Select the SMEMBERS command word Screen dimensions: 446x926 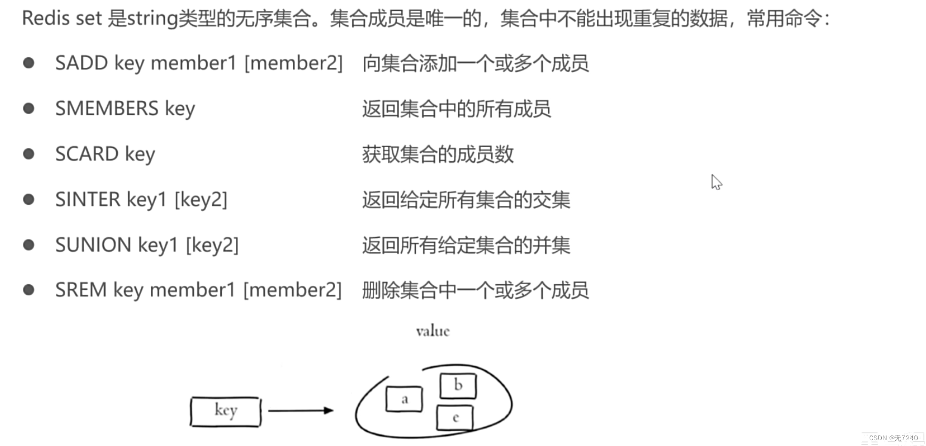(107, 109)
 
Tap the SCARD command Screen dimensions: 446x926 (87, 154)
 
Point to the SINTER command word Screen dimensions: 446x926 (88, 200)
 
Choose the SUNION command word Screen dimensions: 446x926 (93, 245)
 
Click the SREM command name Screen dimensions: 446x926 (81, 290)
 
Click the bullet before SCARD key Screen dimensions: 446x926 (29, 154)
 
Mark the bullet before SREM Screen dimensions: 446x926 (29, 290)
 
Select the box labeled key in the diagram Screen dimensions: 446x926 (226, 411)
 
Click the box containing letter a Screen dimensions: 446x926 (404, 399)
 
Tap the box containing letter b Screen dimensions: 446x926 (458, 386)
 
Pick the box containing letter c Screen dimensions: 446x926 (455, 418)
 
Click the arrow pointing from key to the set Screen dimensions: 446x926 (301, 410)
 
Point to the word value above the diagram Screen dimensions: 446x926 (433, 331)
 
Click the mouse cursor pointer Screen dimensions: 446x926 (716, 182)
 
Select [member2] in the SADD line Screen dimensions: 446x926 (293, 63)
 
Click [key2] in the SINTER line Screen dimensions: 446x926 (201, 200)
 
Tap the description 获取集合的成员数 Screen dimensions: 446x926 (437, 154)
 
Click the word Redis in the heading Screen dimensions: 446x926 (46, 18)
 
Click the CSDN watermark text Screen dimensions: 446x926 (893, 438)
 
